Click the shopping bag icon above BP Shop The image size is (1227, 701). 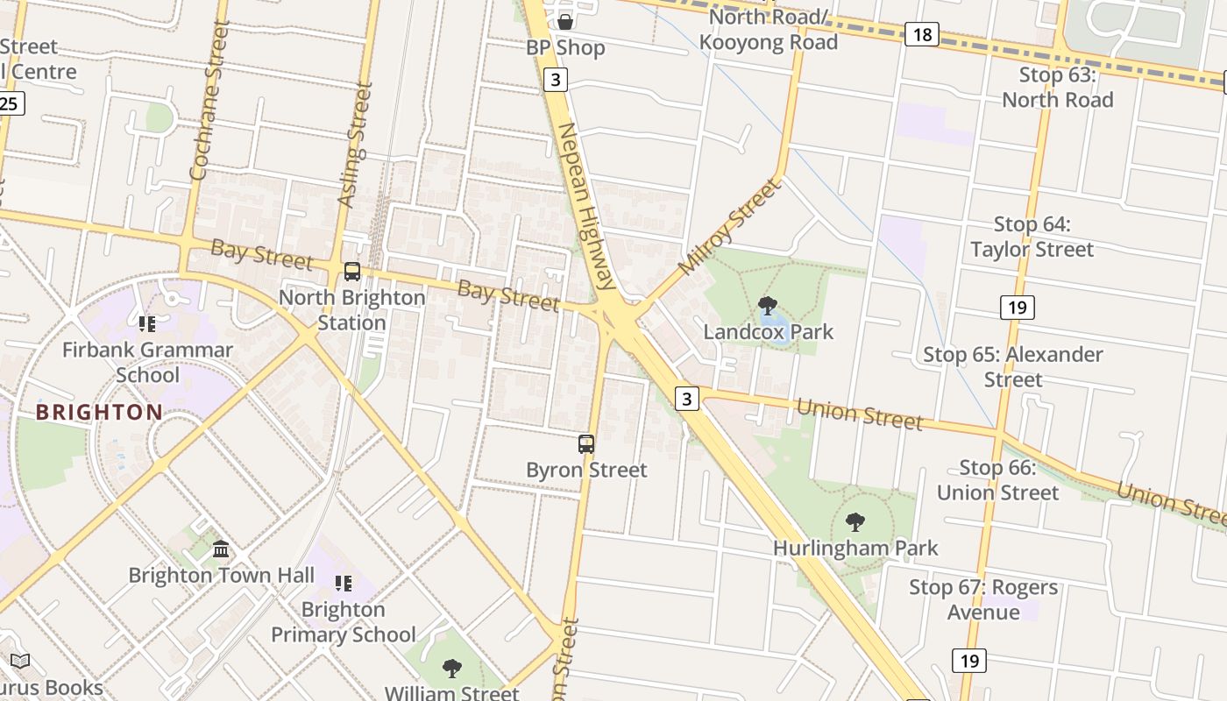tap(565, 21)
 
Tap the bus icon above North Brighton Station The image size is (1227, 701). tap(352, 272)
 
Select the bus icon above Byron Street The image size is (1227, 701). tap(586, 444)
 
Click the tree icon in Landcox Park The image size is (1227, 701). tap(768, 306)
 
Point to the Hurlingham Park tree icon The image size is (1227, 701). tap(855, 522)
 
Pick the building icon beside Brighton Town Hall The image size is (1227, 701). tap(221, 549)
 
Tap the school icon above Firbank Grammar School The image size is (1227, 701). tap(147, 324)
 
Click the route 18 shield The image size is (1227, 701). tap(922, 34)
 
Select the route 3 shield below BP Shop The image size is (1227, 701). tap(555, 80)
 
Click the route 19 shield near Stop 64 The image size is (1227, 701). tap(1017, 307)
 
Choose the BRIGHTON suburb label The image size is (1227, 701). tap(99, 412)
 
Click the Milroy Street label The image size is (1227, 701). tap(728, 226)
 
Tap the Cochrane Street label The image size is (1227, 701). tap(208, 101)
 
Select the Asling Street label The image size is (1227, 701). tap(355, 145)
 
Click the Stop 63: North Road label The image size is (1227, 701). tap(1057, 88)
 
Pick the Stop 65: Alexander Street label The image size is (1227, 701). tap(1013, 367)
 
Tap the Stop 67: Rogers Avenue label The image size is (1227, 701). tap(983, 599)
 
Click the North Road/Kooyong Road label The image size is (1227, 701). tap(769, 30)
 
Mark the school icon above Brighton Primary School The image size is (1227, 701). tap(344, 584)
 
